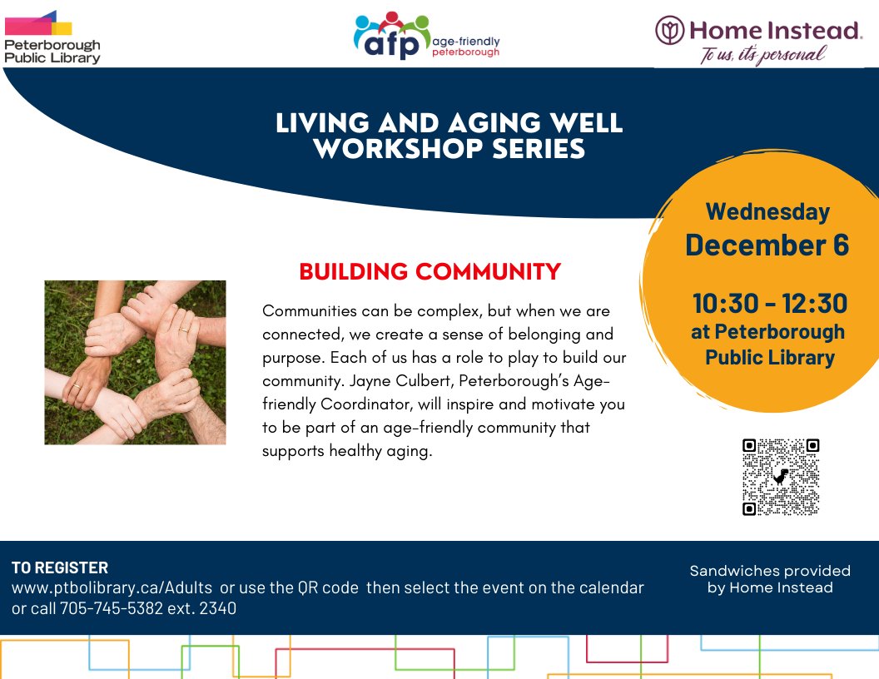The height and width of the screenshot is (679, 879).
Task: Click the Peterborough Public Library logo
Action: point(52,37)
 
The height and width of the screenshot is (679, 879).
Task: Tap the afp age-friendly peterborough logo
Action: point(427,37)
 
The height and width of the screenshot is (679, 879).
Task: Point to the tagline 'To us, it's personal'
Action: point(762,55)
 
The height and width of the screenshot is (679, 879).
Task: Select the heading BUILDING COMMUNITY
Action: point(430,272)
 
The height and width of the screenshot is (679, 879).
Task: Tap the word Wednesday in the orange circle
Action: point(767,211)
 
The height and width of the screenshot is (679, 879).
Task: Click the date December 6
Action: point(767,245)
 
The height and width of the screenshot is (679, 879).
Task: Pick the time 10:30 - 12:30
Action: point(769,303)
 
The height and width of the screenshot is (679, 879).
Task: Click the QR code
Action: point(780,477)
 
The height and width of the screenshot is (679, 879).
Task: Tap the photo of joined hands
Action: point(135,362)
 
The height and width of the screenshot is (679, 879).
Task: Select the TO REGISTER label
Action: point(60,568)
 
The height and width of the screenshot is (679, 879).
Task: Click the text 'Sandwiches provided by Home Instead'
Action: point(770,579)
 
